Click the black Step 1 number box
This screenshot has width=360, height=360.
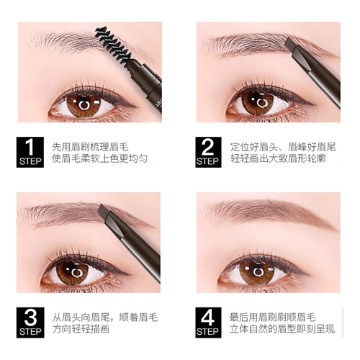(x=30, y=152)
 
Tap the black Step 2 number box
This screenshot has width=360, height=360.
(x=208, y=152)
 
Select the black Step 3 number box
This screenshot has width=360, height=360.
(x=30, y=323)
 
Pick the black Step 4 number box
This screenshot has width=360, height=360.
(x=208, y=323)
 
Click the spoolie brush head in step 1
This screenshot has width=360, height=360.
(x=113, y=45)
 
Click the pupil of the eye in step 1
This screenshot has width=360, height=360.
(x=84, y=105)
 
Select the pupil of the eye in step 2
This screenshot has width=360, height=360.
(x=261, y=103)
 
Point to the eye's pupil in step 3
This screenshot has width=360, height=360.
(x=76, y=273)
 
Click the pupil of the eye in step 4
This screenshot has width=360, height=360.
(x=258, y=273)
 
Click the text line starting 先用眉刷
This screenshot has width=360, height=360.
(x=90, y=147)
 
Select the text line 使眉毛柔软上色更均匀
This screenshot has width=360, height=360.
(x=99, y=158)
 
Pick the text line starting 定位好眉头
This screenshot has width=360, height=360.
(x=283, y=147)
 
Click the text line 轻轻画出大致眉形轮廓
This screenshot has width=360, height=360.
(x=278, y=158)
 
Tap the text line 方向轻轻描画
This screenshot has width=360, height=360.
(x=81, y=329)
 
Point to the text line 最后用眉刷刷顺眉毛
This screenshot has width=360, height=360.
(x=272, y=318)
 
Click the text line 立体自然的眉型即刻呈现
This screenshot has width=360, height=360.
(x=282, y=329)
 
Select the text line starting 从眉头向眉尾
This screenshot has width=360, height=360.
(x=105, y=318)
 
